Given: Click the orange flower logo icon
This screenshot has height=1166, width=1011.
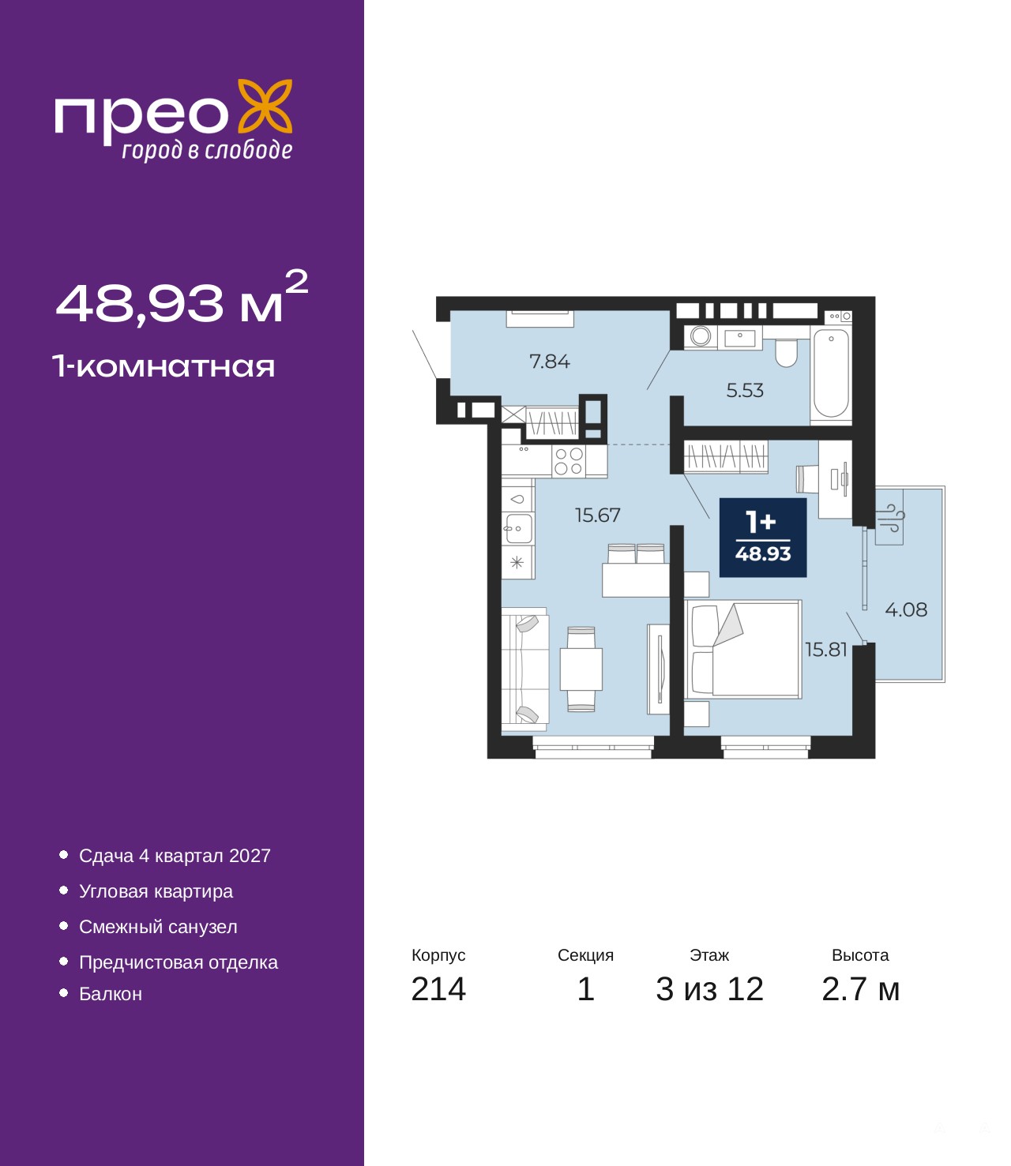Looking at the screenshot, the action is tap(265, 107).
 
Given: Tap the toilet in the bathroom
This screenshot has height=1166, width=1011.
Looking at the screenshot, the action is tap(786, 352).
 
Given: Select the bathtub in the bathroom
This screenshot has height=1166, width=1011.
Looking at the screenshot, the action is tap(830, 374).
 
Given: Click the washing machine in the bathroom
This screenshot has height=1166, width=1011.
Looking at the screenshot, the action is tap(701, 336).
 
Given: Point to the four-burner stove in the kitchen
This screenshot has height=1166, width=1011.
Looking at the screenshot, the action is tap(569, 461).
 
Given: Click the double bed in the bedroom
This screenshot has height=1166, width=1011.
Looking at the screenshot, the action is tap(743, 649).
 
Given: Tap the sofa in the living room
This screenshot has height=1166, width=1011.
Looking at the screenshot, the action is tap(525, 669).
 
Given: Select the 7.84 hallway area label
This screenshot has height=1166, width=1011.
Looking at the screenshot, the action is tap(549, 361).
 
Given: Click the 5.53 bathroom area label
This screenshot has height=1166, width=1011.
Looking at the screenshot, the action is tap(745, 390).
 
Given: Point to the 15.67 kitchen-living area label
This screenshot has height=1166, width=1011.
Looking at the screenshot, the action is tap(597, 515).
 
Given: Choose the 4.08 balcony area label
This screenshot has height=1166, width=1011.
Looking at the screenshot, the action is tap(905, 609).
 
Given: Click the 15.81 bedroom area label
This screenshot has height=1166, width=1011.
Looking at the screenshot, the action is tap(826, 650).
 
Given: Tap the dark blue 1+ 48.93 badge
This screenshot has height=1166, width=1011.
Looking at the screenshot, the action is tap(763, 538).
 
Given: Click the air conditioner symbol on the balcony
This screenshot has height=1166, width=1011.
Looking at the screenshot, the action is tap(889, 517).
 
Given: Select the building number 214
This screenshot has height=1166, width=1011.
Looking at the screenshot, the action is tap(438, 989).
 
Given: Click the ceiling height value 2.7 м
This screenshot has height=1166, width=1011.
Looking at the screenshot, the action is tap(859, 989).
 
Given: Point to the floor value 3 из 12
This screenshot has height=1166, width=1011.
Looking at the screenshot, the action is tap(709, 989).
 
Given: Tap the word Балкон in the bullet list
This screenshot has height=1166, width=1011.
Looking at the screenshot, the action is tap(111, 994).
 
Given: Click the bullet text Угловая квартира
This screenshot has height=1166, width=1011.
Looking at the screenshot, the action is tap(156, 892).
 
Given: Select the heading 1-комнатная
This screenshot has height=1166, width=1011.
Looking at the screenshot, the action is tap(163, 366).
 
